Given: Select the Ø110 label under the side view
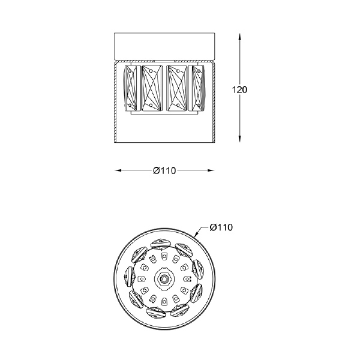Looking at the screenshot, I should pyautogui.click(x=164, y=171).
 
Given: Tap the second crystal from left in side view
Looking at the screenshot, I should pyautogui.click(x=152, y=88).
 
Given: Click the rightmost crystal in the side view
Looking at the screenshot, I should pyautogui.click(x=197, y=88).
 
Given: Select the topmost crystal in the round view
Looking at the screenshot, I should pyautogui.click(x=161, y=242).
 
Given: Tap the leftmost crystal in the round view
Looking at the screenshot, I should pyautogui.click(x=128, y=277).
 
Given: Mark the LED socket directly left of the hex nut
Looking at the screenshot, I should pyautogui.click(x=142, y=279).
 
